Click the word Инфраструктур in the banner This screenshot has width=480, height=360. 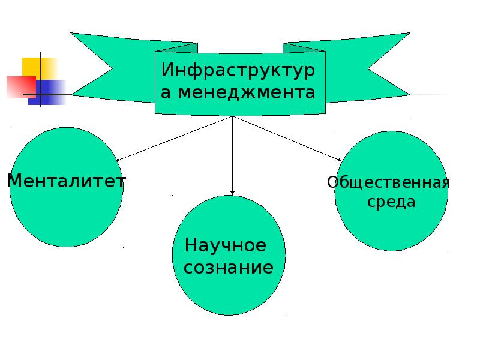[238, 70]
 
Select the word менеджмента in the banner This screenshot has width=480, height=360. [247, 92]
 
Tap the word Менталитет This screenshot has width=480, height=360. [67, 181]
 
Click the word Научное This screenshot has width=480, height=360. [226, 245]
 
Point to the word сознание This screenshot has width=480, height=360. [229, 267]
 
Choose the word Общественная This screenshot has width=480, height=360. [388, 183]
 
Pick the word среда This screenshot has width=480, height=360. [391, 202]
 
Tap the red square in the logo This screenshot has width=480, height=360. [22, 87]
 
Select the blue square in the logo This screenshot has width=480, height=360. [47, 92]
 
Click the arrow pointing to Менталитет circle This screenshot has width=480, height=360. [173, 139]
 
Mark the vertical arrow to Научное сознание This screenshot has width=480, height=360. [232, 155]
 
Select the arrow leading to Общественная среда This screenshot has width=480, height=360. [287, 139]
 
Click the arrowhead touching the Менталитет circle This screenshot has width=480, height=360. [117, 160]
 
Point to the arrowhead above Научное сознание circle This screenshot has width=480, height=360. [232, 193]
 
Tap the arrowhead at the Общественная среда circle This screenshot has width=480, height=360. [340, 160]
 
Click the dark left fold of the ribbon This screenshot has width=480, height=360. [177, 48]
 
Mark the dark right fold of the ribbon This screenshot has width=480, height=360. [304, 48]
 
